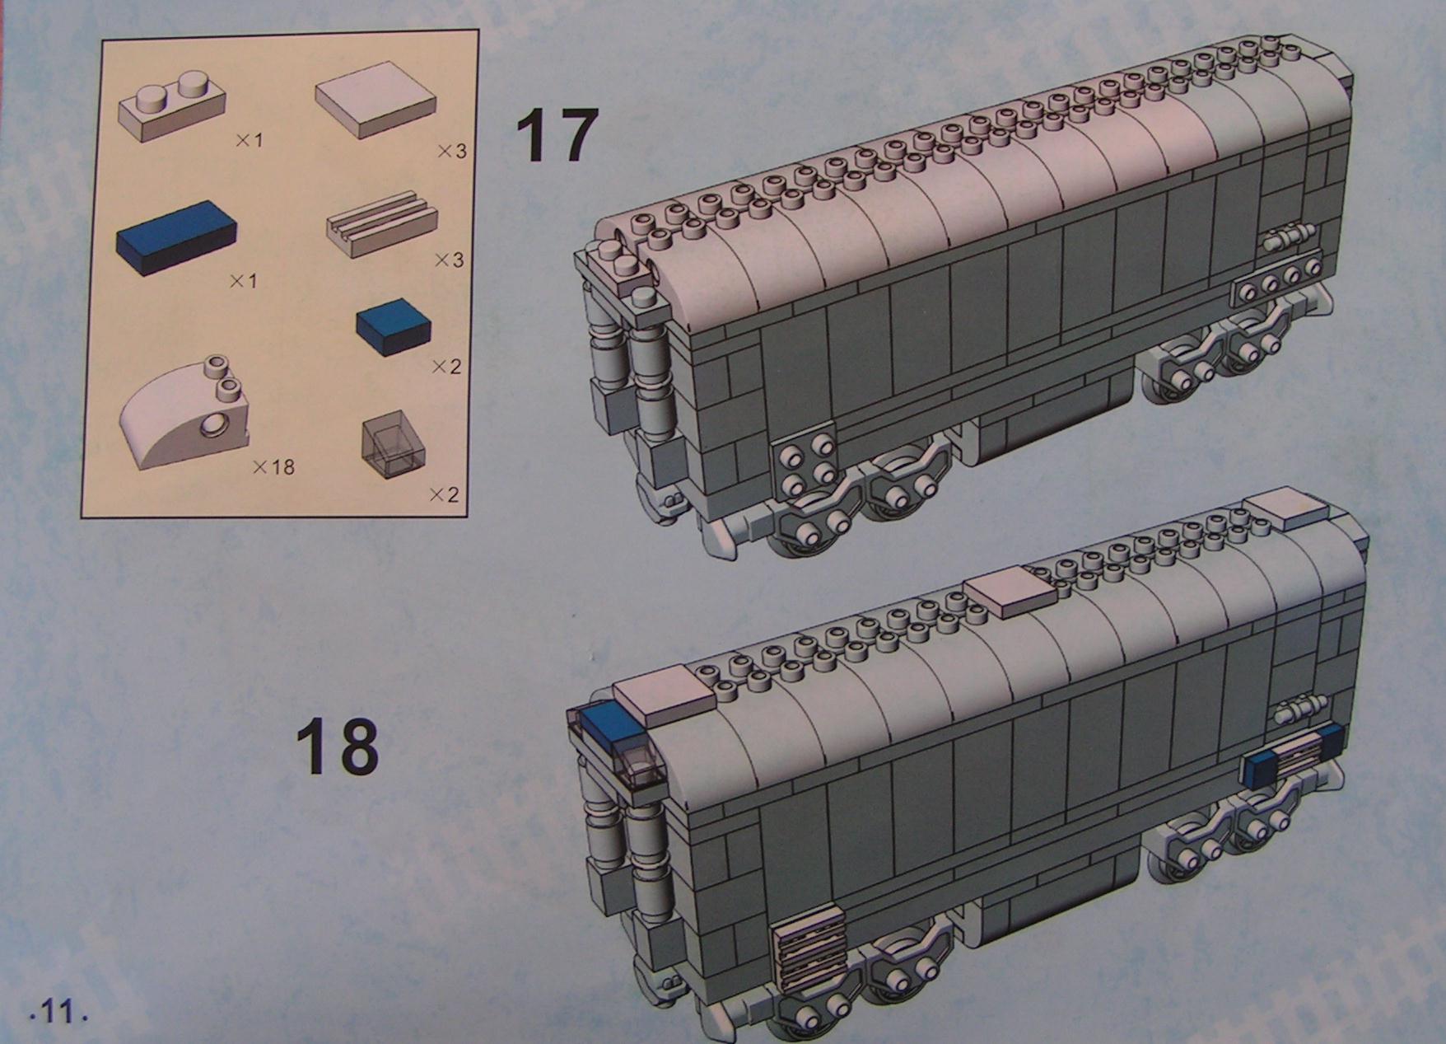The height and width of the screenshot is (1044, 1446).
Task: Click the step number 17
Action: pos(553,136)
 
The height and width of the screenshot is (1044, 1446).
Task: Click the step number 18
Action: pos(338,746)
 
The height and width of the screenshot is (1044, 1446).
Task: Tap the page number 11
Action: pos(58,1011)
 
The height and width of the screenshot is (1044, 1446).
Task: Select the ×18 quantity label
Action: pos(273,467)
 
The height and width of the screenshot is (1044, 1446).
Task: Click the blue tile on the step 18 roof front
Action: pos(609,720)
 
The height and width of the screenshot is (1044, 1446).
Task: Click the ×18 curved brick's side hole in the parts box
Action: pos(213,426)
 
